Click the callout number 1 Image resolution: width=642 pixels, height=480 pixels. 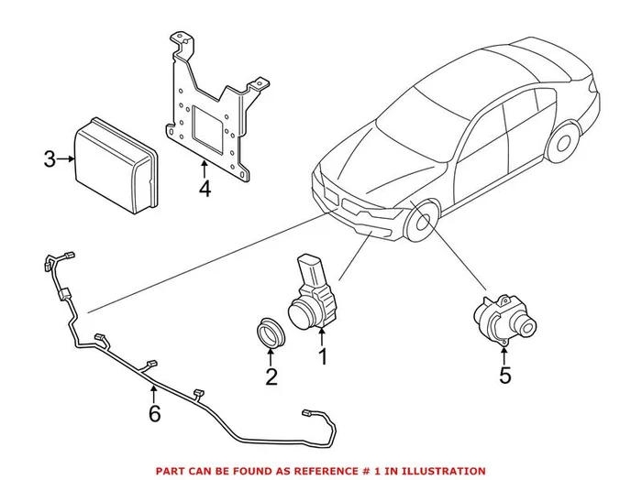click(x=322, y=354)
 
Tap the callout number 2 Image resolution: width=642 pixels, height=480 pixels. click(x=271, y=376)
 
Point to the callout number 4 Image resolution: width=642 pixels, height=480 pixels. click(x=204, y=190)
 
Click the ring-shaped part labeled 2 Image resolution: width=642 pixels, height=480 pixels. click(x=269, y=332)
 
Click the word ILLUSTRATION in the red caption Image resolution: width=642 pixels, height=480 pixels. click(x=441, y=471)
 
